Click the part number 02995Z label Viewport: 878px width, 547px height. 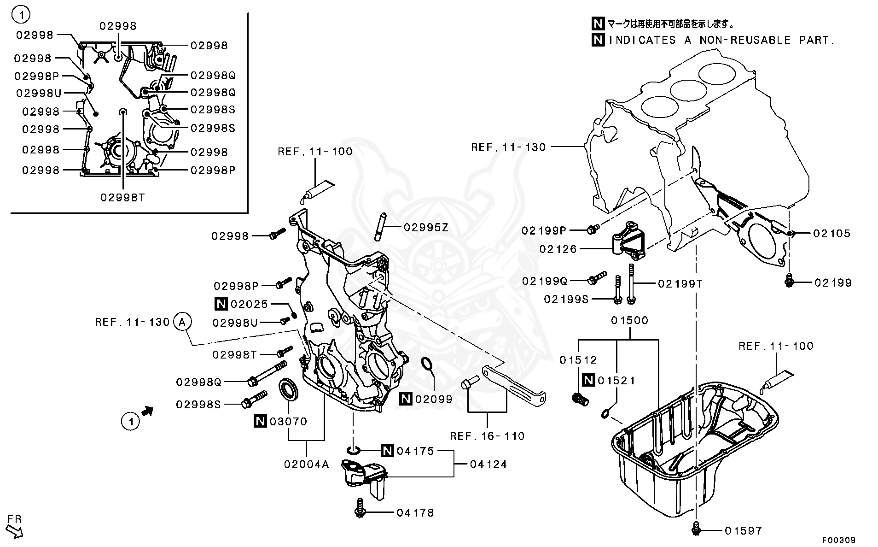pyautogui.click(x=426, y=227)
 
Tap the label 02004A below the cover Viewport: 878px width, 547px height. pyautogui.click(x=307, y=465)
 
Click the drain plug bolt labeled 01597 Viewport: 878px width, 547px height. pyautogui.click(x=696, y=531)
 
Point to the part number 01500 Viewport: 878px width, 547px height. pyautogui.click(x=630, y=320)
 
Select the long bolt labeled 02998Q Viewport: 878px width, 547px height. pyautogui.click(x=267, y=374)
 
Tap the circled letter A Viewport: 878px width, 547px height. pyautogui.click(x=182, y=322)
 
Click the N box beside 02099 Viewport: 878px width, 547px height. pyautogui.click(x=405, y=399)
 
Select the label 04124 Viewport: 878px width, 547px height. pyautogui.click(x=488, y=465)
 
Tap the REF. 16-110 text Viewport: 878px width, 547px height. pyautogui.click(x=487, y=436)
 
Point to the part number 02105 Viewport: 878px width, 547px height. pyautogui.click(x=831, y=234)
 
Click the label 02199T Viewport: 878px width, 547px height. pyautogui.click(x=680, y=284)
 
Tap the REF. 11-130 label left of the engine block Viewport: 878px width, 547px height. pyautogui.click(x=508, y=147)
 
